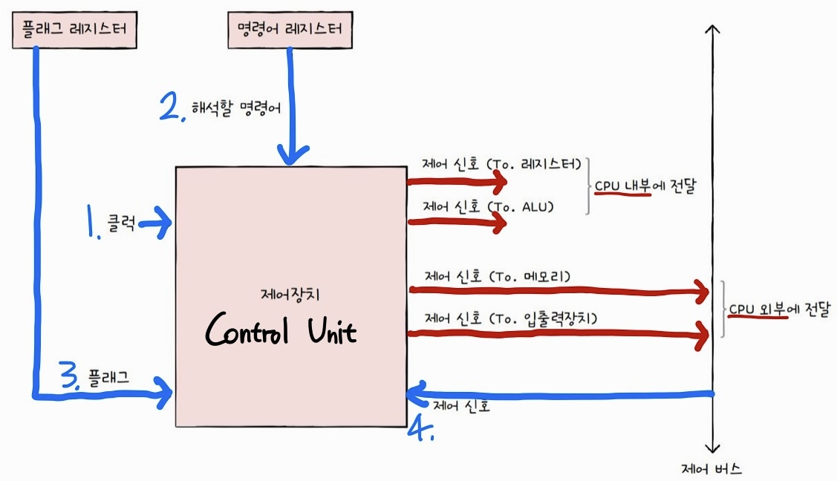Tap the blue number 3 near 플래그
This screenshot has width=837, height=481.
pyautogui.click(x=68, y=379)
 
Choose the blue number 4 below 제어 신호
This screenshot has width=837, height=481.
pyautogui.click(x=421, y=428)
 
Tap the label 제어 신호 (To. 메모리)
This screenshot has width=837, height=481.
pyautogui.click(x=498, y=277)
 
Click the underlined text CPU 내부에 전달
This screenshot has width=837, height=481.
pyautogui.click(x=644, y=188)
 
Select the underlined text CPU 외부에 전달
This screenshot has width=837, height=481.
pyautogui.click(x=778, y=310)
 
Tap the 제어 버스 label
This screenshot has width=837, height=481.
pyautogui.click(x=711, y=469)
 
